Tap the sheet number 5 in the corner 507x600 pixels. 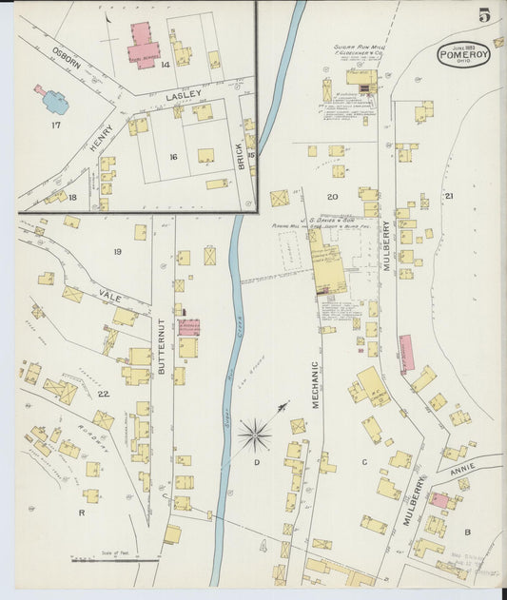484,15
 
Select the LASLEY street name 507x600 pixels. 183,96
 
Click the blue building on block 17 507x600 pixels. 53,100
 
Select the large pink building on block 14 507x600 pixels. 145,45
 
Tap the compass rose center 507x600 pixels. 254,436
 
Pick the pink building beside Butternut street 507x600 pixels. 188,328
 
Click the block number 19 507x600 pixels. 117,251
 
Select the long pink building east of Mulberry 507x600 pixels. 406,353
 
